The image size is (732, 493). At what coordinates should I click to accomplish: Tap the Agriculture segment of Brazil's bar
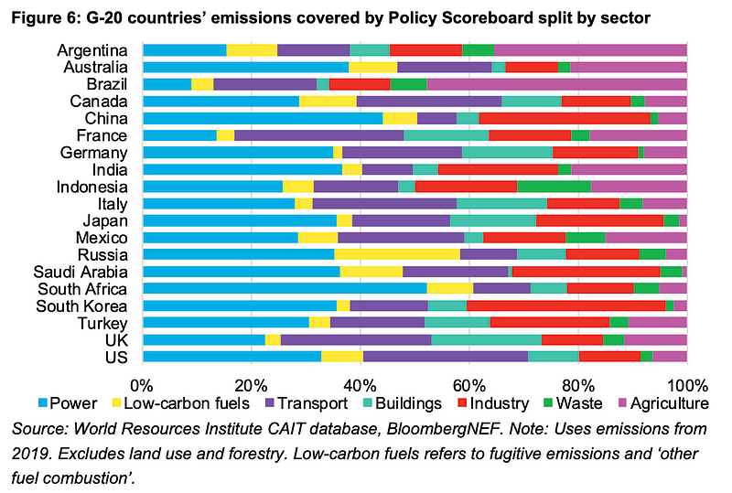557,84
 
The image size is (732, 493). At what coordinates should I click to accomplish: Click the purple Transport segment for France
319,135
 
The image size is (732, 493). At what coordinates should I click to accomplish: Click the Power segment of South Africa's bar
285,288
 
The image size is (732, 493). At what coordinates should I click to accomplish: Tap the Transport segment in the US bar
445,357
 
